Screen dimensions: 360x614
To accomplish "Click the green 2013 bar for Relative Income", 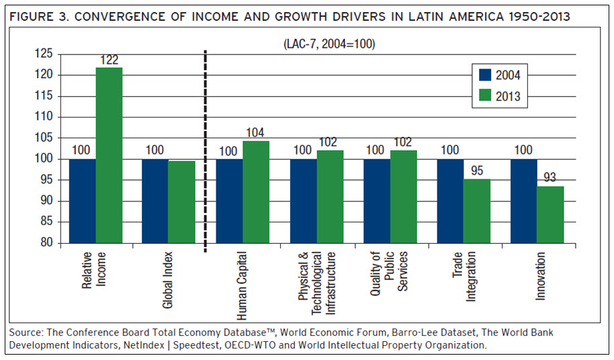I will click(x=109, y=155).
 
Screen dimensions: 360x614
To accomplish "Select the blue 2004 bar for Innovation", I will click(x=523, y=201).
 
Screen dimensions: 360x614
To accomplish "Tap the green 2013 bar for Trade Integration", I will click(x=476, y=211).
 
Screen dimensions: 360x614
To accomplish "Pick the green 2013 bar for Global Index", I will click(x=181, y=201).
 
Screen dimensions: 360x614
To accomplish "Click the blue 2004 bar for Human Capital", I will click(x=229, y=201).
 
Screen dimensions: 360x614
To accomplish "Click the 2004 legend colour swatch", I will click(x=486, y=75).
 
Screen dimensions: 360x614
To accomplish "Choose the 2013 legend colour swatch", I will click(x=486, y=97).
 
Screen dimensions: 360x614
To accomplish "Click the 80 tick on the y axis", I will click(x=47, y=243).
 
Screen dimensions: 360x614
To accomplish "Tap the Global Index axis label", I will click(x=168, y=280).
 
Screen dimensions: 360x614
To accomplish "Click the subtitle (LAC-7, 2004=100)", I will click(x=329, y=44).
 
